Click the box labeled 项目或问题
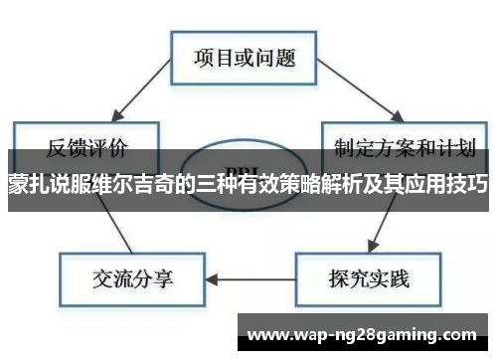tap(244, 56)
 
